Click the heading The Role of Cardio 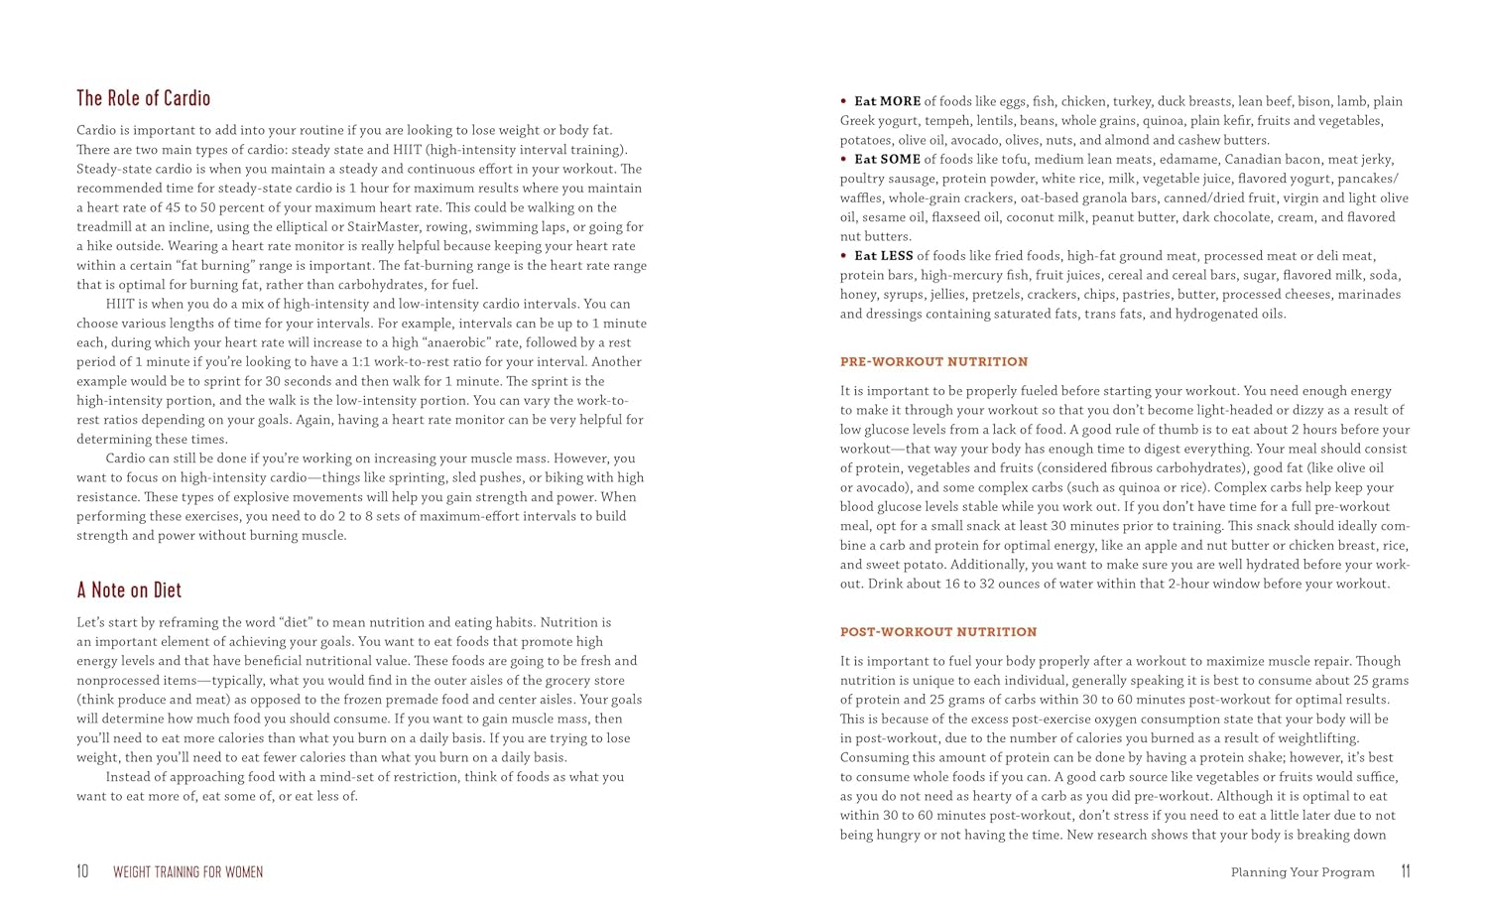pyautogui.click(x=144, y=98)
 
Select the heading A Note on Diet pyautogui.click(x=129, y=590)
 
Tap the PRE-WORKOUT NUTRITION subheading pyautogui.click(x=933, y=362)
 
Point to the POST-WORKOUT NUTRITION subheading pyautogui.click(x=938, y=632)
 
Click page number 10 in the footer pyautogui.click(x=82, y=871)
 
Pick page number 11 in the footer pyautogui.click(x=1405, y=871)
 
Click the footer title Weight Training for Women pyautogui.click(x=187, y=872)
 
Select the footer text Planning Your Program pyautogui.click(x=1302, y=872)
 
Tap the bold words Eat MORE pyautogui.click(x=887, y=101)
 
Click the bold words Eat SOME pyautogui.click(x=887, y=159)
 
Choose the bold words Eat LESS pyautogui.click(x=884, y=256)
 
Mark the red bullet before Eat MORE pyautogui.click(x=843, y=101)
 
